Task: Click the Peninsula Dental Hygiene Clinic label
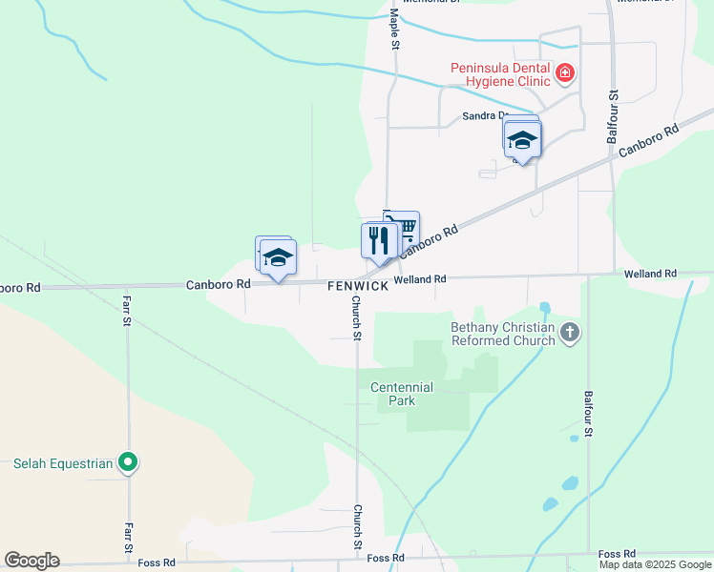click(501, 74)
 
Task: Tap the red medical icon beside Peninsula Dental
click(566, 72)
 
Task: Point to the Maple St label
click(394, 30)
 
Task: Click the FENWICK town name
click(358, 286)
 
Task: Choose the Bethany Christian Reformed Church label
click(503, 334)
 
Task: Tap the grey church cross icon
click(570, 333)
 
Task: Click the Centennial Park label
click(402, 394)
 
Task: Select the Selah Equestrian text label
click(63, 464)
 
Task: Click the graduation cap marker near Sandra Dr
click(522, 140)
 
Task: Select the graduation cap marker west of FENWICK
click(278, 258)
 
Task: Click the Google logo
click(31, 561)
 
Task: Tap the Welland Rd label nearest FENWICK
click(421, 279)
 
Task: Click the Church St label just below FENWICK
click(356, 318)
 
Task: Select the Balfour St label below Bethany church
click(588, 413)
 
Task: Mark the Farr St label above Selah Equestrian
click(126, 310)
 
